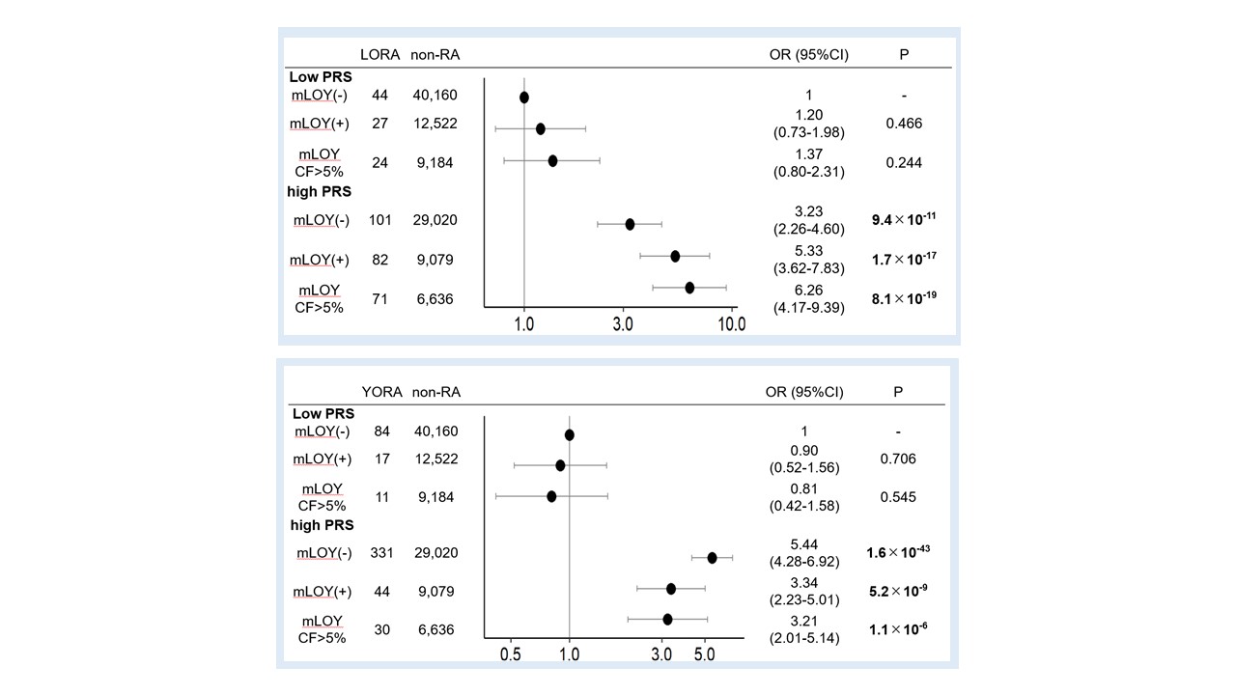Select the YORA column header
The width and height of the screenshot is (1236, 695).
point(380,392)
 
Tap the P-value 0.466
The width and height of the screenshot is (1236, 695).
point(904,124)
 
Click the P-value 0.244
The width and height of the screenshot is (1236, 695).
point(904,163)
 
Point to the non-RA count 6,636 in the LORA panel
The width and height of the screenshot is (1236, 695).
point(434,299)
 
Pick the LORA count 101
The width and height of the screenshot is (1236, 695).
point(379,220)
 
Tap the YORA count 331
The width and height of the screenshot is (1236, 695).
point(379,553)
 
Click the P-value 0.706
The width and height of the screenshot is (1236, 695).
point(897,459)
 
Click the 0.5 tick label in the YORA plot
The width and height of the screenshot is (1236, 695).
point(511,654)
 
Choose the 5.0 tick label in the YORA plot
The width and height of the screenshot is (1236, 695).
point(705,654)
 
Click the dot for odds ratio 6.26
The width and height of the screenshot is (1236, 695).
point(689,288)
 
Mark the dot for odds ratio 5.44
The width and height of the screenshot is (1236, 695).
point(713,558)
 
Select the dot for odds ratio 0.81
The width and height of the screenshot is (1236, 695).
point(551,496)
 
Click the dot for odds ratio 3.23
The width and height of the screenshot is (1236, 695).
point(630,224)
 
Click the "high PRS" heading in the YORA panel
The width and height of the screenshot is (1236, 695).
point(322,525)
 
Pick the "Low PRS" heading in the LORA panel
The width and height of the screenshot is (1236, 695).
point(320,76)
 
